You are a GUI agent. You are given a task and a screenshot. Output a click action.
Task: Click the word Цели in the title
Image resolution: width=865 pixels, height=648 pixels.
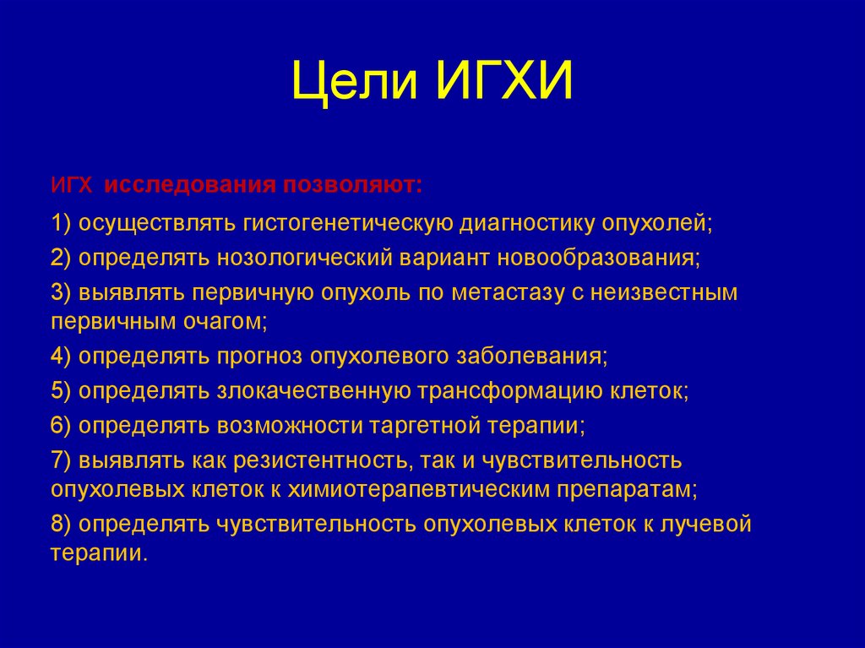tap(356, 84)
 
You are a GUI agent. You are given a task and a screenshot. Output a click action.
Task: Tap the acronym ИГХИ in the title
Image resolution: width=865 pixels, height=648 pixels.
tap(505, 84)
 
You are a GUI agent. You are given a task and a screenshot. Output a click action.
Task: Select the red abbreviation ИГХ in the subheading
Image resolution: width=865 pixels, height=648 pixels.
tap(73, 185)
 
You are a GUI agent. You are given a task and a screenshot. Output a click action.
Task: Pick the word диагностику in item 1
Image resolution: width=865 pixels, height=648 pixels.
tap(529, 224)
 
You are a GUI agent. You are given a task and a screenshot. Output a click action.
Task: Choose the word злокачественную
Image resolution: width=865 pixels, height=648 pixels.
tap(313, 391)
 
